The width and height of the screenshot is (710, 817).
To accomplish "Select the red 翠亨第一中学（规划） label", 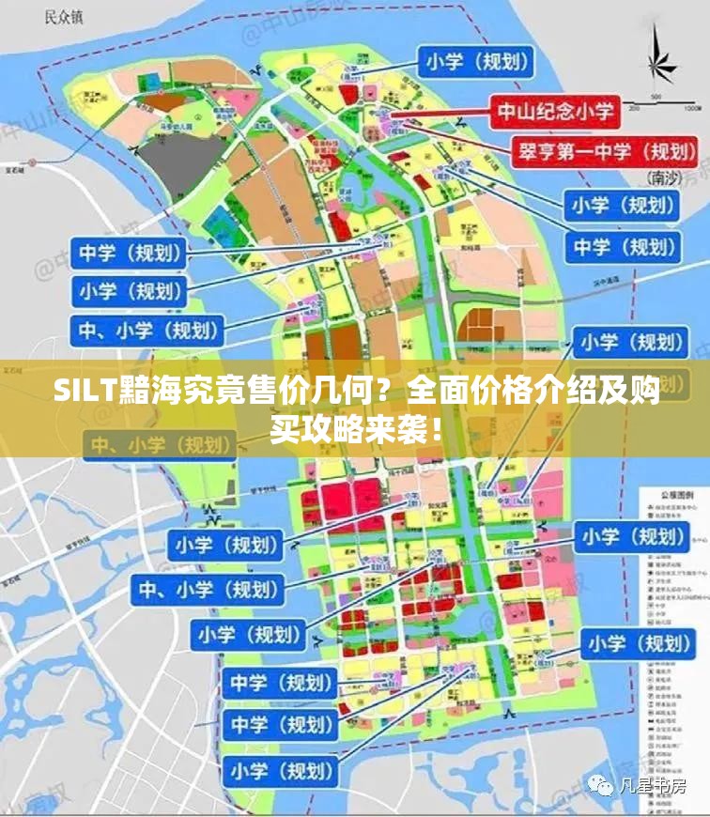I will [x=604, y=149].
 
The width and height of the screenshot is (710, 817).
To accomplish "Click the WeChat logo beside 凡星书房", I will [x=601, y=784].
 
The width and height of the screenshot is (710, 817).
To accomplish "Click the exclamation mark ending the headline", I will [x=437, y=431].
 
